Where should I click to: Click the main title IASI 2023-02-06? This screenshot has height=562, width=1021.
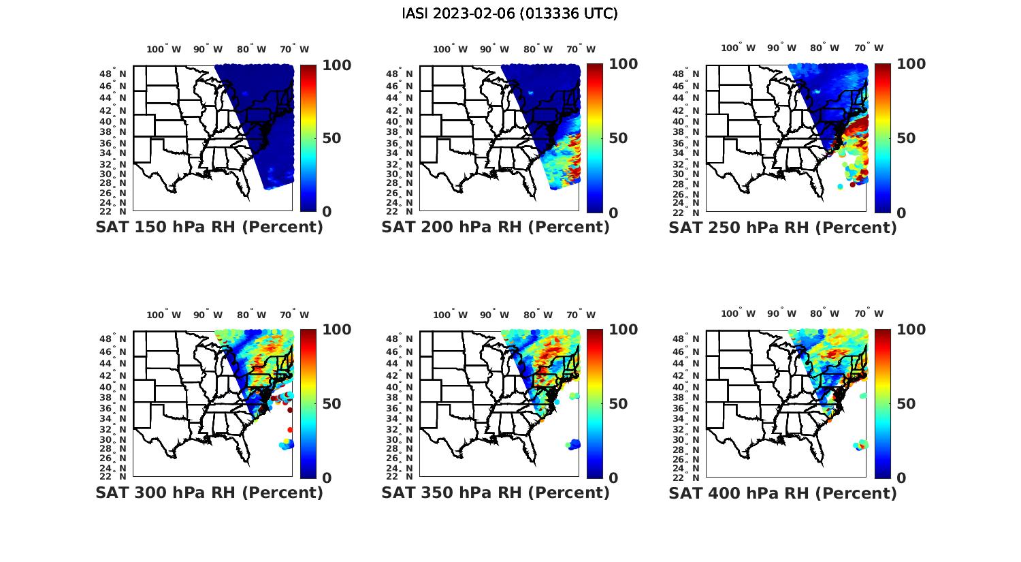(x=510, y=14)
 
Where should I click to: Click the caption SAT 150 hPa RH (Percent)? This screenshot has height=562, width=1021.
(x=209, y=228)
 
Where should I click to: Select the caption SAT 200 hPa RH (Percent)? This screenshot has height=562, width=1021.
(x=496, y=228)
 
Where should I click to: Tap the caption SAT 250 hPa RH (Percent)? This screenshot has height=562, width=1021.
(x=783, y=228)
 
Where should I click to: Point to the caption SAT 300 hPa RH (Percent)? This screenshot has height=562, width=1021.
(x=209, y=493)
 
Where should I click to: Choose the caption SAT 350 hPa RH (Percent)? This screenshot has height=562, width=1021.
(x=496, y=493)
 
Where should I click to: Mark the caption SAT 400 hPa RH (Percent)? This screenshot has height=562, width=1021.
(x=783, y=493)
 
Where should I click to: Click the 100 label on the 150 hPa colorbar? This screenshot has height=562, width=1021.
(x=336, y=65)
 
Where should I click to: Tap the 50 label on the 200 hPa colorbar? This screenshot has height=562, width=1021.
(x=618, y=138)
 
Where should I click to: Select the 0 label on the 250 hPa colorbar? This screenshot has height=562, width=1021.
(x=902, y=213)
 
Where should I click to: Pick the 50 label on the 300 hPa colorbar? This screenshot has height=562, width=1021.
(x=331, y=404)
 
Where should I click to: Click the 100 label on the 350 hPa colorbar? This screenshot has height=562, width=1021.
(x=623, y=330)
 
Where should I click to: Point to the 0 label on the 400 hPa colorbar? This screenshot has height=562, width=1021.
(x=902, y=478)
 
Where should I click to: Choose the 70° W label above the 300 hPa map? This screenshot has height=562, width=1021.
(x=295, y=315)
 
